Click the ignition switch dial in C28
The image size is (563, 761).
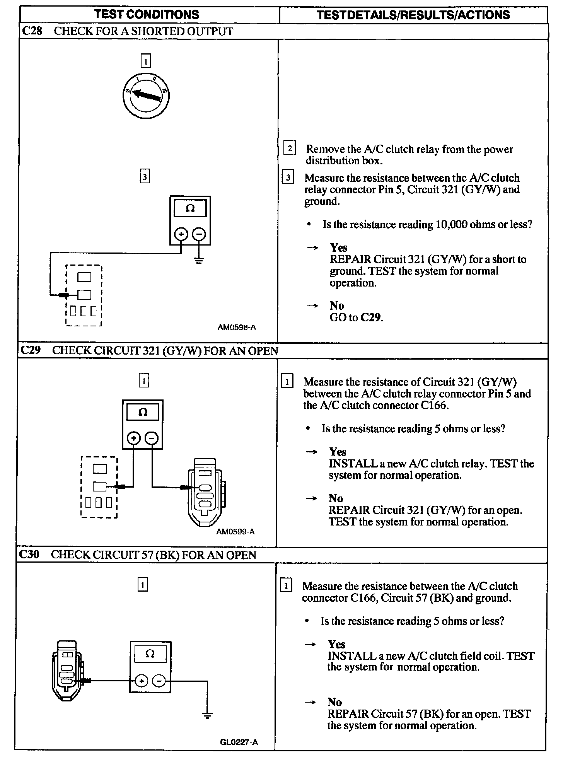[145, 95]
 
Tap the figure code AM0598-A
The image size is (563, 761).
[237, 327]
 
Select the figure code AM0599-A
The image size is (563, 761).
[235, 531]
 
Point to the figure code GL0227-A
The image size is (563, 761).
[239, 742]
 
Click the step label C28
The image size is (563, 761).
[32, 31]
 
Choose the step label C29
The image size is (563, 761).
[31, 350]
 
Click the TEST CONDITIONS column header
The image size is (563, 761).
[147, 15]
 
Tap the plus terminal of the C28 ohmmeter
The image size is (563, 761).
[181, 234]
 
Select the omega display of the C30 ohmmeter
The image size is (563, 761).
[150, 654]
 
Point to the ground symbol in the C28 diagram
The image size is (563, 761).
[199, 260]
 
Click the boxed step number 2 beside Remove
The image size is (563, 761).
[289, 148]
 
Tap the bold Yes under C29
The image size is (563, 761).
[338, 452]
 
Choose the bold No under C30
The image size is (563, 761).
[334, 702]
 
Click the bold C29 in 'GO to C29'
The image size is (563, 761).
[371, 317]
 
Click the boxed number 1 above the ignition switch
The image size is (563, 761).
[145, 61]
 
